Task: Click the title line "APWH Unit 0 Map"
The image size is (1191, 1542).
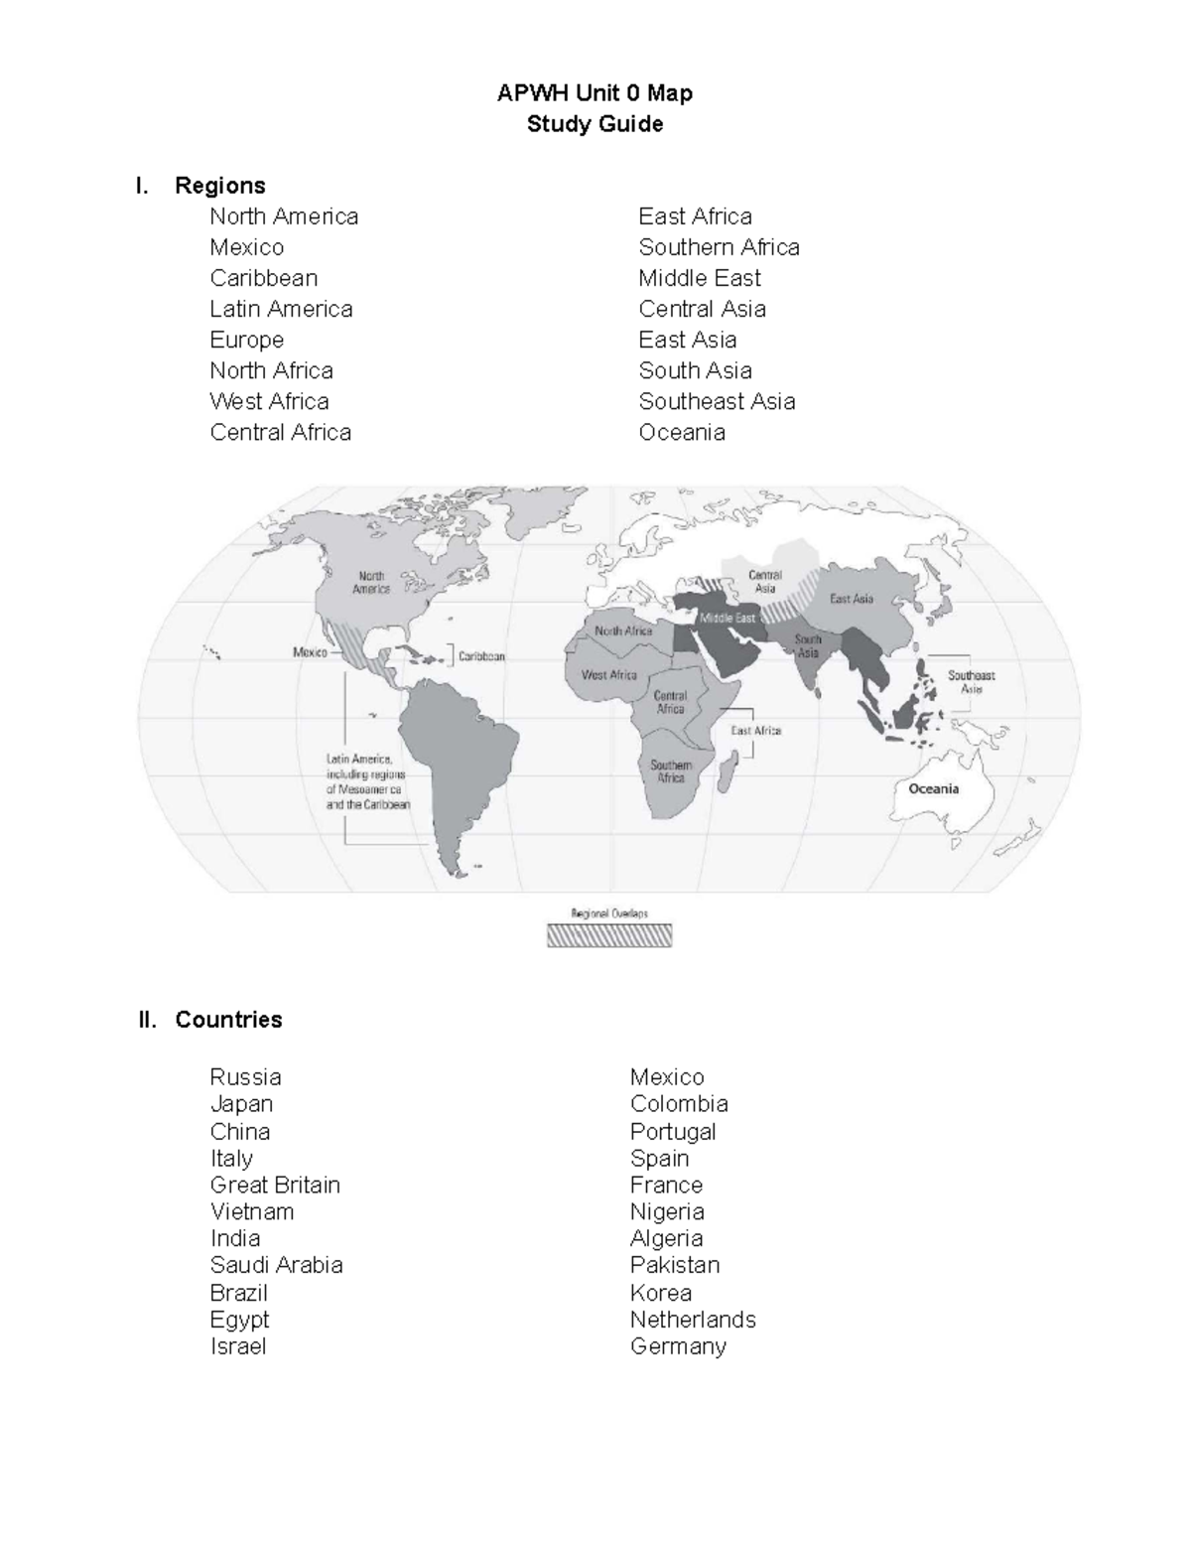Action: (x=595, y=93)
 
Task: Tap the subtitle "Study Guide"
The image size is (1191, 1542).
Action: (x=595, y=124)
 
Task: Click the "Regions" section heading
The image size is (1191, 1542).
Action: (x=219, y=186)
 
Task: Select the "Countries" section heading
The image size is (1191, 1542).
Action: (x=228, y=1020)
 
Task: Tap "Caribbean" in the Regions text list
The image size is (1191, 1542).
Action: (x=263, y=278)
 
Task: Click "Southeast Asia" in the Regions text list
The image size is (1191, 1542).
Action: (x=717, y=401)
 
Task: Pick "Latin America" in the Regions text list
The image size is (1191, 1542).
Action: (x=281, y=309)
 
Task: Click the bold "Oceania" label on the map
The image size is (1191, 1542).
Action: (x=933, y=789)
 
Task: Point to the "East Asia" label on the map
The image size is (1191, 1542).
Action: (x=852, y=599)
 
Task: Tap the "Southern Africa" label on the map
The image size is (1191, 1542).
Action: (x=671, y=771)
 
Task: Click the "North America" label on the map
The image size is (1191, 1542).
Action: (x=371, y=582)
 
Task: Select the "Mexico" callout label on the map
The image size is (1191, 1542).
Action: (x=310, y=652)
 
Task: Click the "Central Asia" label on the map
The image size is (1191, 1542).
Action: (x=765, y=582)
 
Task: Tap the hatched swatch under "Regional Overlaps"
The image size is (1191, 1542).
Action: (x=609, y=935)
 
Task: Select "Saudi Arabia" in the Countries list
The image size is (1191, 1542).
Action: (x=276, y=1265)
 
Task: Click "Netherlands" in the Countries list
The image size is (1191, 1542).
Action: (x=693, y=1320)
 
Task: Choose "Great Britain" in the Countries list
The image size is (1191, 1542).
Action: (x=275, y=1185)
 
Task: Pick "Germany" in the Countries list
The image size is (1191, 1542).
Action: (x=678, y=1346)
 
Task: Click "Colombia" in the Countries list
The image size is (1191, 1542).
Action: (x=679, y=1104)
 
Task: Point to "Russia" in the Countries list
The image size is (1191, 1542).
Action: (x=245, y=1077)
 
